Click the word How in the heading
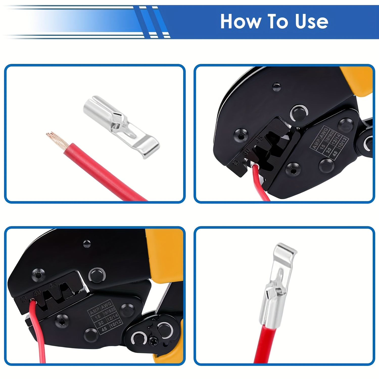coord(240,21)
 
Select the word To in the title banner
coord(277,21)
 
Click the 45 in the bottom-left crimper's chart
coord(104,328)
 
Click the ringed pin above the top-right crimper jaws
coord(299,113)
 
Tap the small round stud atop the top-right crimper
coord(277,86)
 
